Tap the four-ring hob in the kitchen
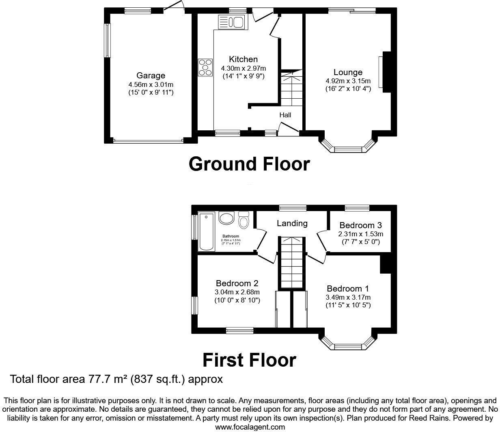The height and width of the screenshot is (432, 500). point(205,67)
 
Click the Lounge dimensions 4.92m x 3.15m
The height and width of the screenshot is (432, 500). point(348,81)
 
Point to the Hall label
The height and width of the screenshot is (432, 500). point(285,115)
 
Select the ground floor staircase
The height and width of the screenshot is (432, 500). point(290,89)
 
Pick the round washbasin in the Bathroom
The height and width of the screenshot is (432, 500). point(226,218)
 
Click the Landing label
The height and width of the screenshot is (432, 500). point(292,223)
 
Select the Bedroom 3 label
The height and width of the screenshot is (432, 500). point(360,225)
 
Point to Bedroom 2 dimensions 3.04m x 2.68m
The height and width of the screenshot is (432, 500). point(237,292)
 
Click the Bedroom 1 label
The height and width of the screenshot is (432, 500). point(348,289)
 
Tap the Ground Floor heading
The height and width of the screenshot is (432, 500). point(249,164)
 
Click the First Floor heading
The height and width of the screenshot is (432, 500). point(249,360)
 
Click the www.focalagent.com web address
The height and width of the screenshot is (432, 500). point(250,427)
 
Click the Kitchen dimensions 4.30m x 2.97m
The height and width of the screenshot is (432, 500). point(243,68)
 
